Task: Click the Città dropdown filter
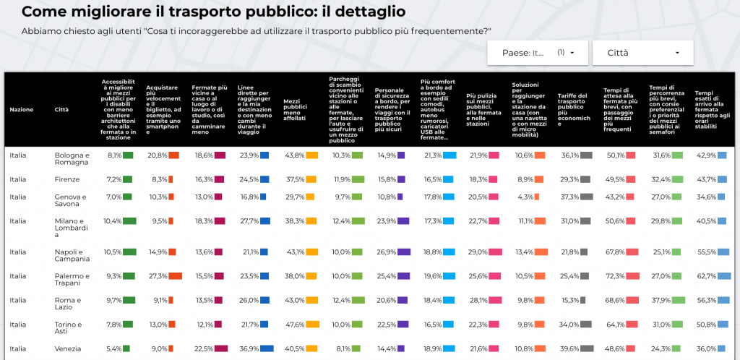(x=642, y=53)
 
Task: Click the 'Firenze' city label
(x=66, y=179)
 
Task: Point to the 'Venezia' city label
(x=67, y=348)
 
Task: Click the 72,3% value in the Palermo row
(x=614, y=275)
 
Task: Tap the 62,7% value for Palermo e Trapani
(x=706, y=275)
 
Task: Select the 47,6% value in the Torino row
(x=294, y=324)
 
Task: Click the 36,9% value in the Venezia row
(x=249, y=348)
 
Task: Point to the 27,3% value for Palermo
(x=157, y=275)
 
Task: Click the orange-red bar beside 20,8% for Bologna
(x=173, y=155)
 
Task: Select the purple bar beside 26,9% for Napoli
(x=404, y=252)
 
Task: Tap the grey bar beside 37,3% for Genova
(x=587, y=197)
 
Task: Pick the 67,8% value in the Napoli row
(x=614, y=252)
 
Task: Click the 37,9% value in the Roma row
(x=661, y=300)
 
